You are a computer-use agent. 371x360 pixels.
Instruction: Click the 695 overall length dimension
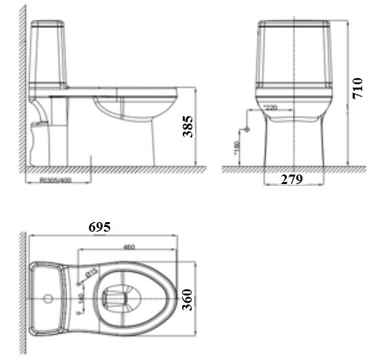(99, 227)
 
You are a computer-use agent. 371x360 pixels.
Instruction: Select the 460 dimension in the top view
(128, 247)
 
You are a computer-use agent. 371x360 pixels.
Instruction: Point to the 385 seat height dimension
(188, 126)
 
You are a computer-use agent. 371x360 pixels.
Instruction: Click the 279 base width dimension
(291, 179)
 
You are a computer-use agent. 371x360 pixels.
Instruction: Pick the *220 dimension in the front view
(270, 107)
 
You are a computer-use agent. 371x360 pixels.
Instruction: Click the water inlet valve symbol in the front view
(247, 128)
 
